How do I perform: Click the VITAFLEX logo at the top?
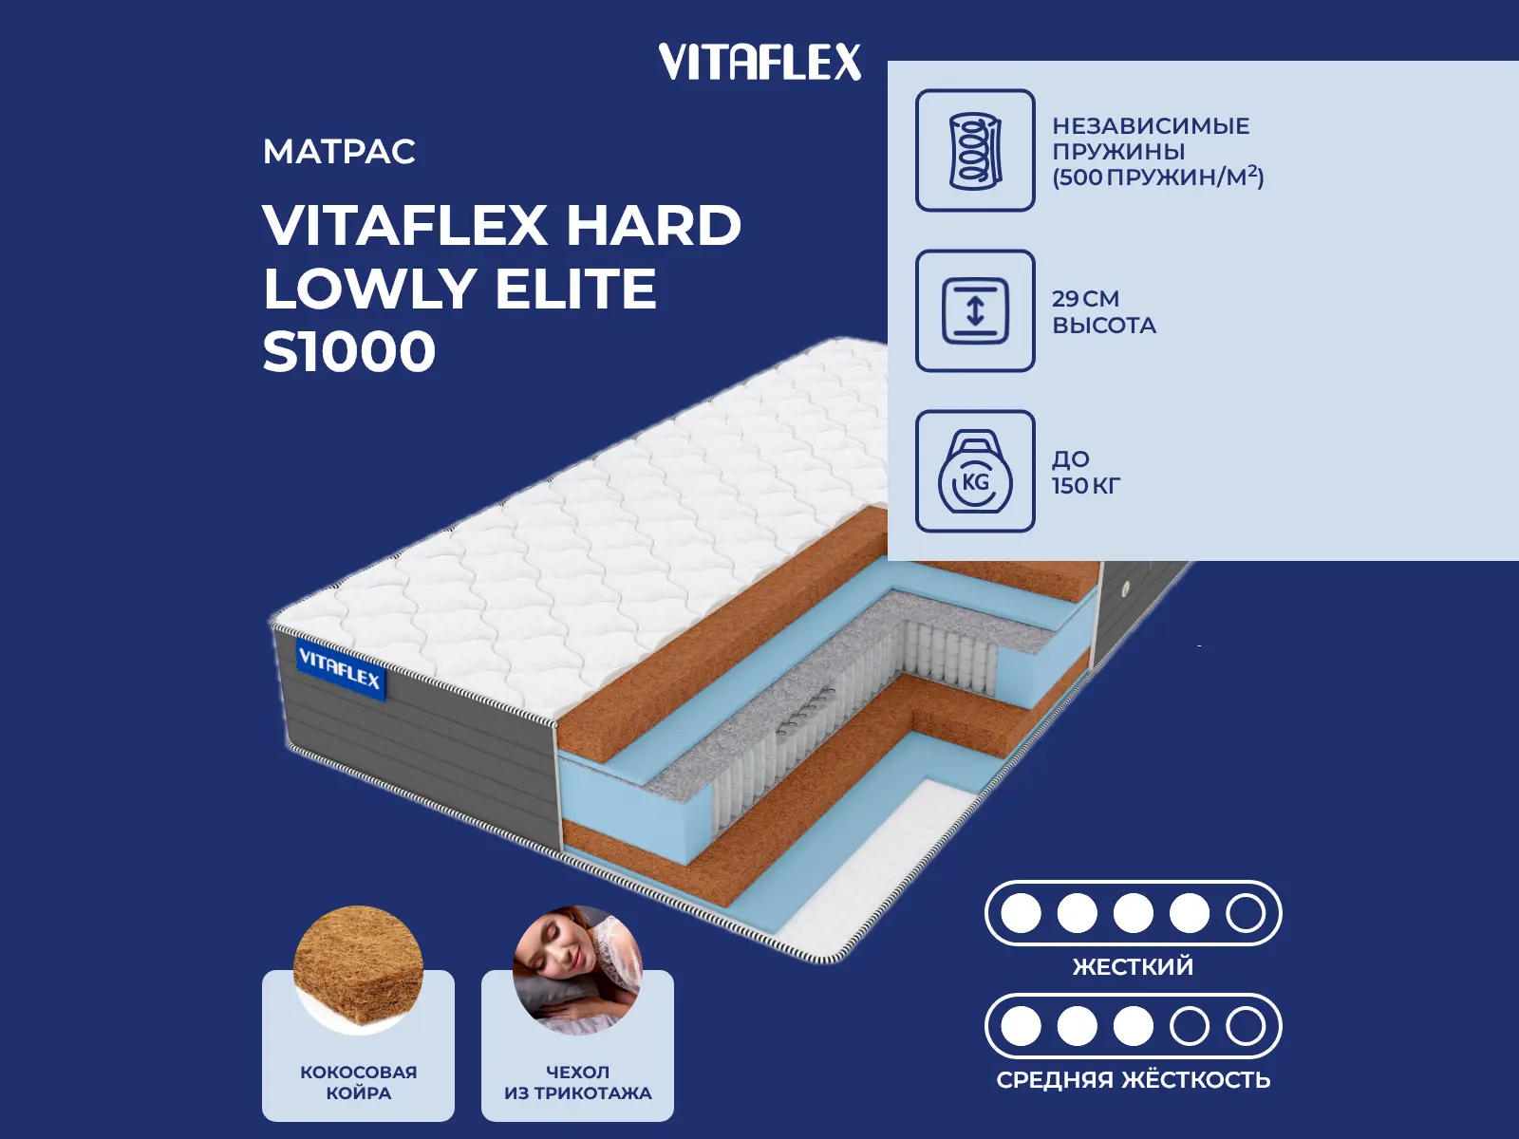759,62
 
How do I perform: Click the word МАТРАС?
339,152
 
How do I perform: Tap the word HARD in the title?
654,226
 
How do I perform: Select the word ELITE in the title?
575,289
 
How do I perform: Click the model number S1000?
349,351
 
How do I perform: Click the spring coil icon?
975,150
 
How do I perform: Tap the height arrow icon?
975,310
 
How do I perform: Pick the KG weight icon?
975,471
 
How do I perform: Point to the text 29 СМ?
1086,299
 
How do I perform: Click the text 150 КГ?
1086,485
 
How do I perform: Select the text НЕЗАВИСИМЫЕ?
1151,126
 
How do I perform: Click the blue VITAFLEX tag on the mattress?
341,669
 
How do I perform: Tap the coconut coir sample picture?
359,969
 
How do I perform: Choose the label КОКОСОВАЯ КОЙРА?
359,1082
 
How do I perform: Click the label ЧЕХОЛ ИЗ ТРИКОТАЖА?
578,1082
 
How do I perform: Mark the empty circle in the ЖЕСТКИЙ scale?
1246,913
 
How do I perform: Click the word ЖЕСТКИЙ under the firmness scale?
1133,966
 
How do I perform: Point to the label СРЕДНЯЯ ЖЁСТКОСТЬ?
1133,1079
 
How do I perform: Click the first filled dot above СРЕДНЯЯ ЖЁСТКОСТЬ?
1021,1026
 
